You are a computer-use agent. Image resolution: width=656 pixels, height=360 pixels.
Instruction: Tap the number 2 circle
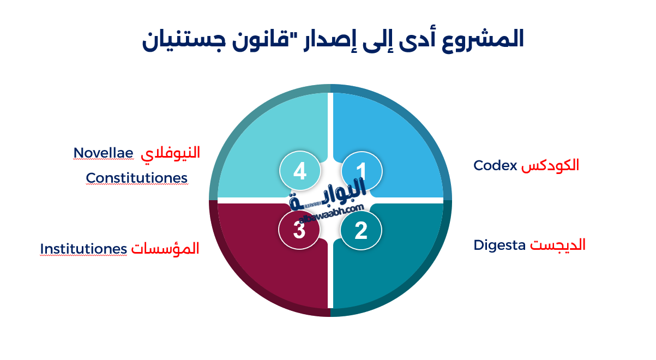point(361,231)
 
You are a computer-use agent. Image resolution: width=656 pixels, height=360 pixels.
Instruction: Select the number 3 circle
point(299,231)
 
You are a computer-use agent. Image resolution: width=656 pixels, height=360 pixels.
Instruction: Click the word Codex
point(495,165)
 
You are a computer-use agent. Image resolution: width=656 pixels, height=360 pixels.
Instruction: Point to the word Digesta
point(499,245)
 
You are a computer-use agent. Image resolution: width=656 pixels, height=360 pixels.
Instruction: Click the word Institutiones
point(83,249)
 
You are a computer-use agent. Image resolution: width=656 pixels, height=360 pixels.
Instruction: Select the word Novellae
point(104,153)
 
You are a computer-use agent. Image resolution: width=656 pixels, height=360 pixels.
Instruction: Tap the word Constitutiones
point(137,178)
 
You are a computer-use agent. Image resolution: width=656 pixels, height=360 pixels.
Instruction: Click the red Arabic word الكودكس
point(550,165)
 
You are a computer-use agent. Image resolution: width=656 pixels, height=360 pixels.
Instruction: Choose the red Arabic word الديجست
point(558,245)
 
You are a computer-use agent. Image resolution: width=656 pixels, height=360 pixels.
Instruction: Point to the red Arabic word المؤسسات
point(165,249)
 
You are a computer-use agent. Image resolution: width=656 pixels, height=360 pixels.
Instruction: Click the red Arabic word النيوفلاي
point(171,153)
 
